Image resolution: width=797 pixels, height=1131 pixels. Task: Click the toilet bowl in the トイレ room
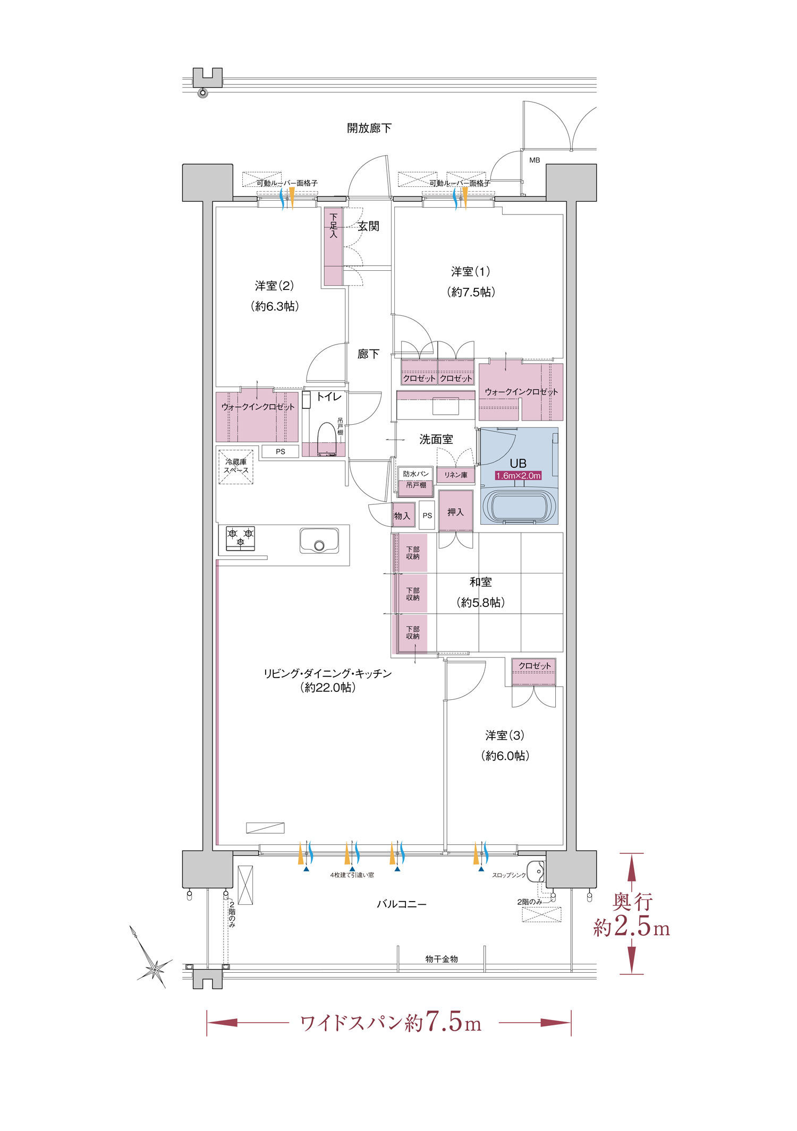pos(326,440)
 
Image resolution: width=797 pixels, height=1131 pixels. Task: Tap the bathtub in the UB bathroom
pos(520,506)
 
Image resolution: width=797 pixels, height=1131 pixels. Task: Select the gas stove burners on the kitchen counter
pos(240,538)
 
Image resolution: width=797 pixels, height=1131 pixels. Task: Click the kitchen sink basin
pos(319,541)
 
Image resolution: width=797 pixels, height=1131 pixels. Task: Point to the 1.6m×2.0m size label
pos(518,476)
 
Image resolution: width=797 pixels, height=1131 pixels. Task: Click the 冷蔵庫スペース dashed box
pos(236,467)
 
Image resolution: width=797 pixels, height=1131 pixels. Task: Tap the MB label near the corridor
pos(535,160)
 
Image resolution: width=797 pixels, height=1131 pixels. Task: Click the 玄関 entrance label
pos(368,226)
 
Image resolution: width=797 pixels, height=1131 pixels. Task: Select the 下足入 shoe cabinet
pos(334,246)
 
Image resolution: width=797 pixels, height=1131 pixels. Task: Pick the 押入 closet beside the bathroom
pos(456,511)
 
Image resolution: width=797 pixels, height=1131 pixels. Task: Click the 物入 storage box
pos(403,515)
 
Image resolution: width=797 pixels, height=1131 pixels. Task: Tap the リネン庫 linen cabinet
pos(456,475)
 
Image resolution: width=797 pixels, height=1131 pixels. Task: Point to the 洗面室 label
pos(436,439)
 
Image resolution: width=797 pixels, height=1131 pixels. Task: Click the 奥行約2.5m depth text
pos(631,915)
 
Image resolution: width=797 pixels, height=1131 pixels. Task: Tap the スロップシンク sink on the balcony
pos(537,871)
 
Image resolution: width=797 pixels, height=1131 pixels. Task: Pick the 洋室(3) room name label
pos(505,735)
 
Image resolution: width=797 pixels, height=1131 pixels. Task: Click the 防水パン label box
pos(416,474)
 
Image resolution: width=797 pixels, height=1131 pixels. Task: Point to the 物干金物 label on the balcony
pos(441,959)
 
